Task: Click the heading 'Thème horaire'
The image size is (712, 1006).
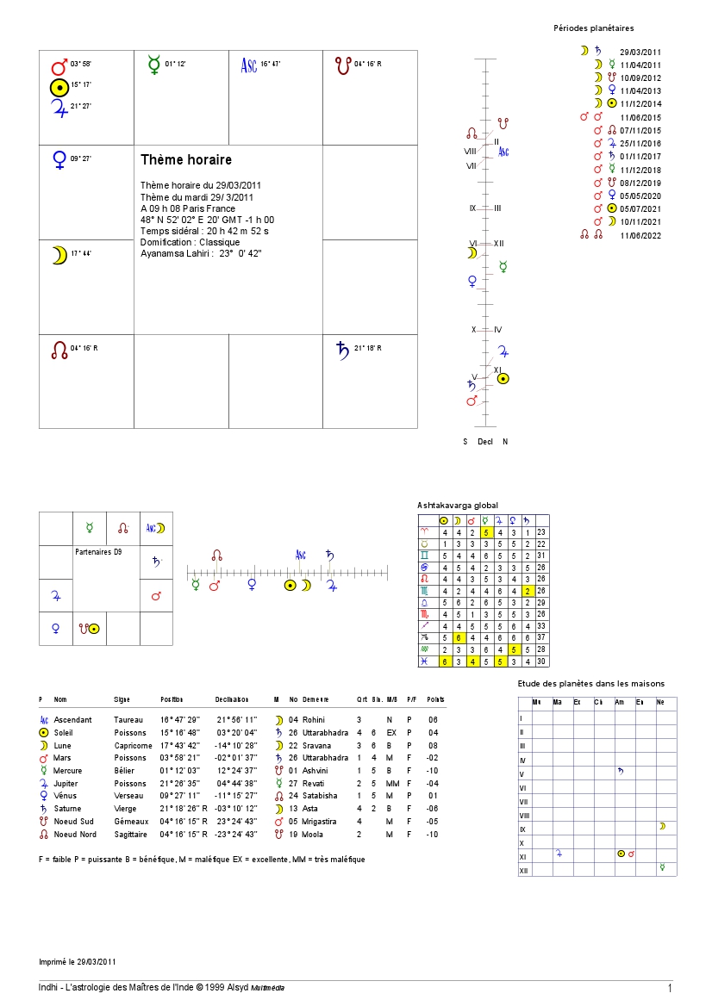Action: pos(186,160)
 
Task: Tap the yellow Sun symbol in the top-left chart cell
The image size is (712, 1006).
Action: pos(59,87)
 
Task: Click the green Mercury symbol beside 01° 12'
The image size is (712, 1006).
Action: pos(154,65)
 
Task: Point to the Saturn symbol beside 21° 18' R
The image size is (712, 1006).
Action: pos(342,349)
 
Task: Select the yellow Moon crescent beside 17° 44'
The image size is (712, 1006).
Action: pos(59,255)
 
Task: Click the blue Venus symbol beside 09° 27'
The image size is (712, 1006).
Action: pos(59,159)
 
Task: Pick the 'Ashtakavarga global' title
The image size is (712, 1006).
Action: pos(458,506)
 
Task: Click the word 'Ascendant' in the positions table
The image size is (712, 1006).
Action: pos(72,718)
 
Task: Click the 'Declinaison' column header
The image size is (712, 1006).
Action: pos(232,699)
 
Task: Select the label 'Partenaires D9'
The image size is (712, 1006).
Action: pos(99,551)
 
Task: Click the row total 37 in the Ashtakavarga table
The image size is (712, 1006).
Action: pos(541,637)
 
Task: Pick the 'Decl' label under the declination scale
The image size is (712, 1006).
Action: pos(485,442)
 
